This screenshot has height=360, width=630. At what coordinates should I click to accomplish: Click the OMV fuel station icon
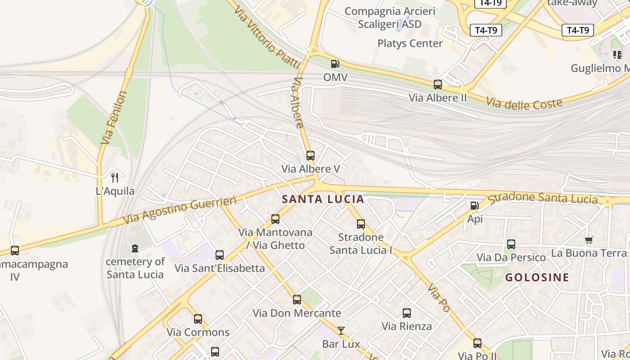(x=335, y=64)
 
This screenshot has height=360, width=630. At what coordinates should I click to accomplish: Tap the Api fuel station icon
(x=474, y=206)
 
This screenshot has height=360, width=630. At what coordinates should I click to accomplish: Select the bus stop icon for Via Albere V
(x=310, y=156)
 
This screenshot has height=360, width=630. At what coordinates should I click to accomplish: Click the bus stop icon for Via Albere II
(x=437, y=84)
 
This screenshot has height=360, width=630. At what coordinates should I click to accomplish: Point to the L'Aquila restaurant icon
(x=115, y=178)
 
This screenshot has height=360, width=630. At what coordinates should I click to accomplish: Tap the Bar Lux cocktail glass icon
(x=341, y=331)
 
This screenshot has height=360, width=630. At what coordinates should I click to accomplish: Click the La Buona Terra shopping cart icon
(x=589, y=240)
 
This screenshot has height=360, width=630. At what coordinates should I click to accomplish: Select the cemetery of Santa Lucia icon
(x=135, y=248)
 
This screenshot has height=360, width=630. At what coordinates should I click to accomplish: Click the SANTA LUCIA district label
(x=323, y=199)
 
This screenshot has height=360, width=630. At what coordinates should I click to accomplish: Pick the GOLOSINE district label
(x=537, y=277)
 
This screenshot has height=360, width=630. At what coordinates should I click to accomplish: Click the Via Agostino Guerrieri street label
(x=180, y=210)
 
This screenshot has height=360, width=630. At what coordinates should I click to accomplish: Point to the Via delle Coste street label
(x=524, y=103)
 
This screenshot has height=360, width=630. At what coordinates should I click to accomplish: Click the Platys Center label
(x=410, y=44)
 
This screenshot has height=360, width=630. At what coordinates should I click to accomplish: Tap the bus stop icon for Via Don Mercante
(x=297, y=300)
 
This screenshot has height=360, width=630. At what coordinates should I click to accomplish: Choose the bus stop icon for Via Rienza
(x=407, y=313)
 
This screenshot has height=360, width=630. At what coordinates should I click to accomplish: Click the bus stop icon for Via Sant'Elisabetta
(x=220, y=255)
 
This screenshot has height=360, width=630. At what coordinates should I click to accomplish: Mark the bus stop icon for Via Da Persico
(x=511, y=244)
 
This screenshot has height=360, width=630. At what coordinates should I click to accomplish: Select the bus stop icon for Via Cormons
(x=198, y=319)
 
